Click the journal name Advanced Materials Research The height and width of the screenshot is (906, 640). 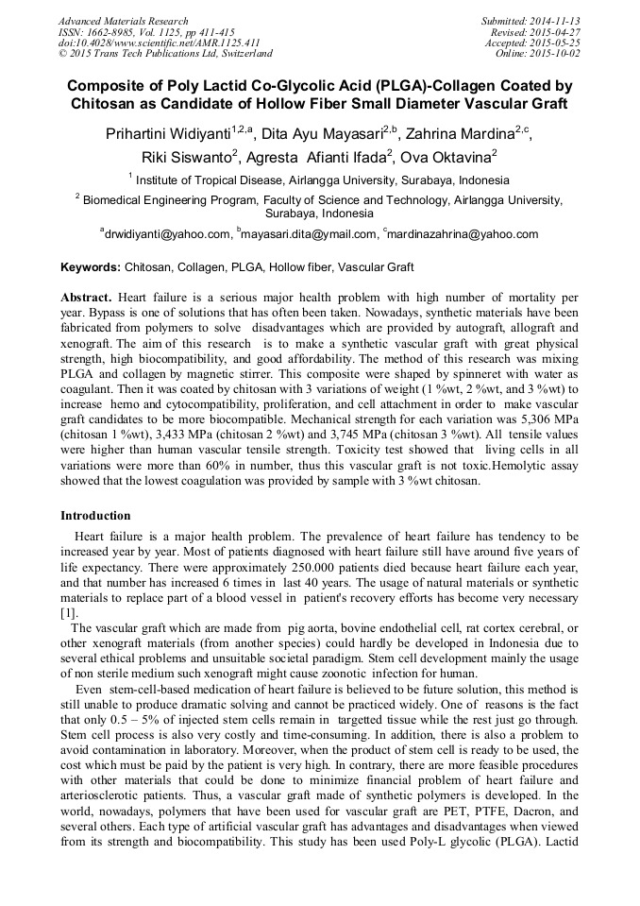pyautogui.click(x=123, y=21)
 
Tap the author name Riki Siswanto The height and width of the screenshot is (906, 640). pyautogui.click(x=186, y=157)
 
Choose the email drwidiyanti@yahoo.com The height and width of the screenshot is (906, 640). pyautogui.click(x=167, y=234)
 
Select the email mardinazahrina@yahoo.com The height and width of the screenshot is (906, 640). pyautogui.click(x=462, y=234)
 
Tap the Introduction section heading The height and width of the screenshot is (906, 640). pyautogui.click(x=95, y=516)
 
